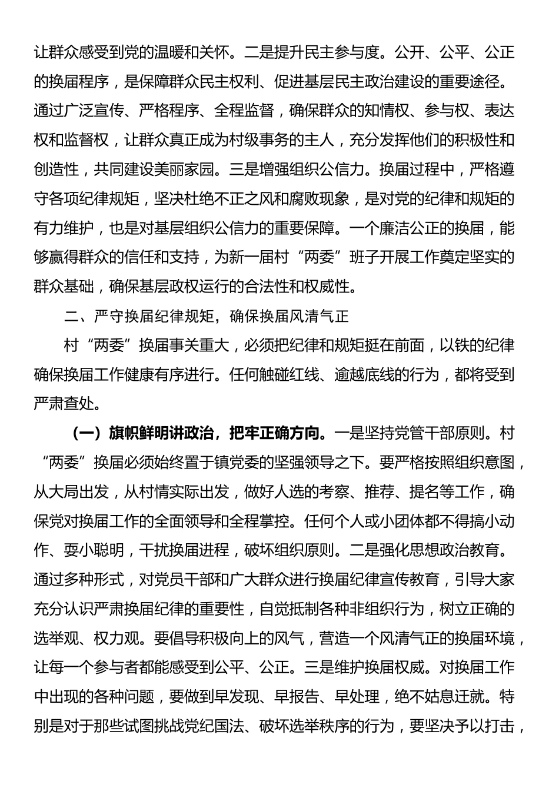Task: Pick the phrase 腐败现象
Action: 306,199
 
